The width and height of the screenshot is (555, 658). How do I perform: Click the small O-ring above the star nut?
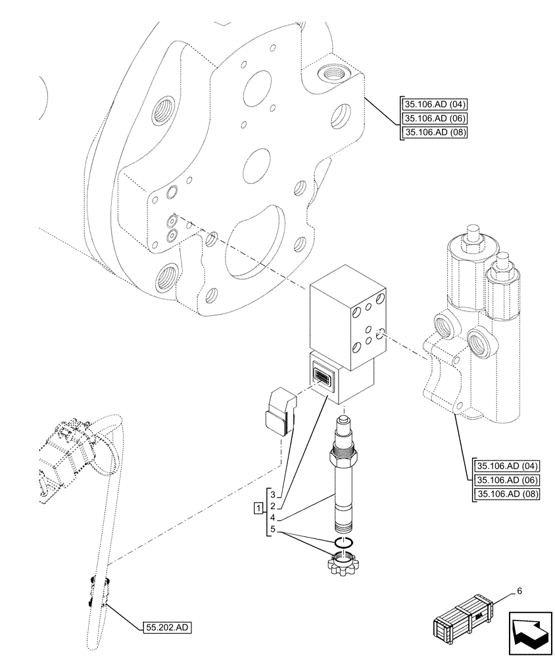pyautogui.click(x=344, y=542)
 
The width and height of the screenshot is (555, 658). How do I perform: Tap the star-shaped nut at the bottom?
pyautogui.click(x=344, y=564)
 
